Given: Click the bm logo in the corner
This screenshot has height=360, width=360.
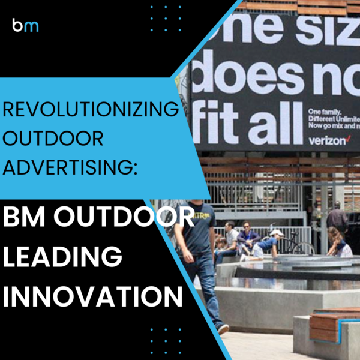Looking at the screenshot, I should coord(25,25).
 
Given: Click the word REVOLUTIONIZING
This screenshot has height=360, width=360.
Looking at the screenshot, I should coord(89,112).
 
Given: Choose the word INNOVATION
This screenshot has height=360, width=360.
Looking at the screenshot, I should coord(91,296).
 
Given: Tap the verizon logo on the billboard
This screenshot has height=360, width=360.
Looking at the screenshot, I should coord(327,140).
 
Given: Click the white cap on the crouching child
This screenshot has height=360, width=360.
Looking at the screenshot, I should coord(276,233).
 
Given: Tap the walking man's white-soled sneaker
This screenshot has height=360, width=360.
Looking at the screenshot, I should coord(223,329).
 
